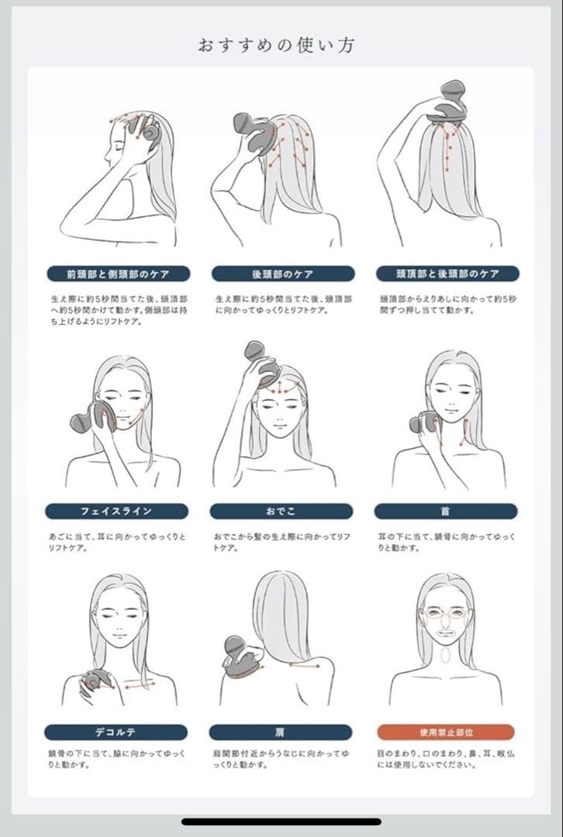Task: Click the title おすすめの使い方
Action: pos(276,45)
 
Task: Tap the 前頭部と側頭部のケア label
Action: pos(119,274)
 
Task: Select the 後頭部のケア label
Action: pos(283,274)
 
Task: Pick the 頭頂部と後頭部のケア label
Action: pos(447,274)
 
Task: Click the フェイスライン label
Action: pos(116,511)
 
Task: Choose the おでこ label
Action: pos(281,511)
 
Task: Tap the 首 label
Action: pos(445,511)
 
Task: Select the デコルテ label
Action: pos(116,732)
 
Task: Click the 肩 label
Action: pos(281,732)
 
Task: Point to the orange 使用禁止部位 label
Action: pos(446,732)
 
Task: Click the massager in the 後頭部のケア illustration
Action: pos(253,131)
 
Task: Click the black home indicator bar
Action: pos(281,821)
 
